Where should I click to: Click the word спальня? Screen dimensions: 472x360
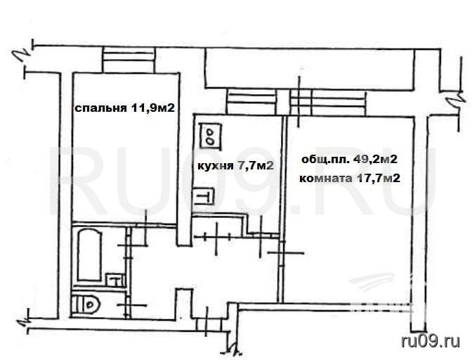click(x=100, y=108)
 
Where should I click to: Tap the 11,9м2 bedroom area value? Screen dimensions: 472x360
click(x=152, y=108)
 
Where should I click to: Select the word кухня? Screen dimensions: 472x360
click(x=216, y=166)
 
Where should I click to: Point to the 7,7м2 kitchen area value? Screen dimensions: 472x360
click(x=256, y=165)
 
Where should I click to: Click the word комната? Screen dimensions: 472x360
click(x=326, y=179)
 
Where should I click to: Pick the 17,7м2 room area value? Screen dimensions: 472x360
click(x=379, y=179)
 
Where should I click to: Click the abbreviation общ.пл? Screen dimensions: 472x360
click(x=326, y=160)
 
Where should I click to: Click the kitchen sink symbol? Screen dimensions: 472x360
click(x=204, y=196)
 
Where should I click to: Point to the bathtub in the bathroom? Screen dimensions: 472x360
click(x=89, y=255)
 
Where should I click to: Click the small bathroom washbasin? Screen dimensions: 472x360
click(x=115, y=280)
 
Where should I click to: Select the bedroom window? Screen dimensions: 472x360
click(x=129, y=60)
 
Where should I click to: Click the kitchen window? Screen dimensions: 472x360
click(x=252, y=102)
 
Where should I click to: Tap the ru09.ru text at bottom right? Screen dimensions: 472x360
click(x=431, y=342)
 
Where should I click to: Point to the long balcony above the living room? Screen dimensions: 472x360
click(x=310, y=69)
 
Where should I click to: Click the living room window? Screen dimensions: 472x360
click(x=329, y=103)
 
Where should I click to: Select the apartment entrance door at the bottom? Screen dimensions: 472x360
click(x=209, y=325)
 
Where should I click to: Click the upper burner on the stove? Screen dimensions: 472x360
click(x=210, y=131)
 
